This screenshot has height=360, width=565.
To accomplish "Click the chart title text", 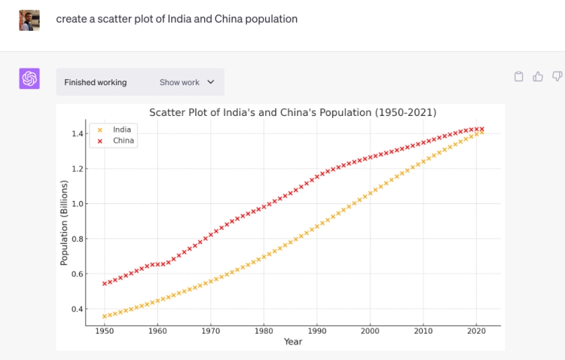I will coord(293,113).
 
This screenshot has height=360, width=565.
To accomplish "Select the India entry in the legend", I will coord(121,130).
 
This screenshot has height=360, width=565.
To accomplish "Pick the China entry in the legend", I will coord(123,141).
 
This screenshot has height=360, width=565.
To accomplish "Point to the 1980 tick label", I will coord(264,331).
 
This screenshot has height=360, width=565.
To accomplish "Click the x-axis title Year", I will coord(293,342).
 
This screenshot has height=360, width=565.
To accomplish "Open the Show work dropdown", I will coord(187,82).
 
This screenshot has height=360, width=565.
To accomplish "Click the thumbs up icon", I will coord(538,76).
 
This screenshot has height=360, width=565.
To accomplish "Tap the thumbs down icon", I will coord(557,76).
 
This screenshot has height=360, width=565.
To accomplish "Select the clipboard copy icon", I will coord(518,76).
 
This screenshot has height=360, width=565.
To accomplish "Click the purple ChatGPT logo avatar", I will coord(29,78).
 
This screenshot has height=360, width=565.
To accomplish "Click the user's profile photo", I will coord(29,20).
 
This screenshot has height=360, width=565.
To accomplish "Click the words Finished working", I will coord(96,82).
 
